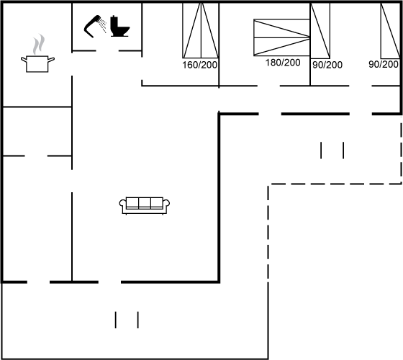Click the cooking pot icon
click(37, 63)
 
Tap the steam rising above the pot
click(39, 44)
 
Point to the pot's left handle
click(24, 60)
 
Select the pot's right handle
click(51, 60)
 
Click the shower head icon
click(92, 26)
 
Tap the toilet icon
click(120, 26)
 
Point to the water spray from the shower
click(103, 25)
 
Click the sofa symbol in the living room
click(145, 206)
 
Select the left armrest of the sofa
click(122, 205)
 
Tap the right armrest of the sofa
click(166, 205)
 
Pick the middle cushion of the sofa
click(145, 202)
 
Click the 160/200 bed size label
click(200, 65)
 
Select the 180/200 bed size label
click(283, 63)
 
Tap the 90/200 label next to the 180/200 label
click(327, 65)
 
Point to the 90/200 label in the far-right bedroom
click(384, 64)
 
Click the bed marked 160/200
click(201, 30)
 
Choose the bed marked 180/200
click(281, 37)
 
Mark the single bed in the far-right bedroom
click(390, 30)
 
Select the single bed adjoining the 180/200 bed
click(320, 30)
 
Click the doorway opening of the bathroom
click(107, 51)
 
